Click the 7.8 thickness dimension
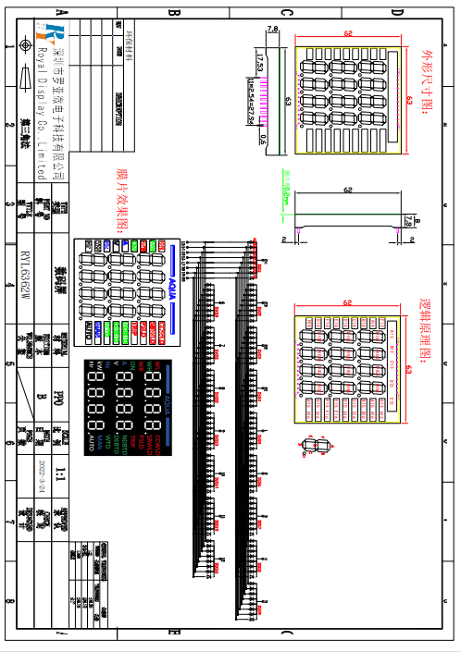pyautogui.click(x=272, y=30)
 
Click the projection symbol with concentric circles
pyautogui.click(x=25, y=43)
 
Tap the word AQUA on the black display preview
pyautogui.click(x=167, y=403)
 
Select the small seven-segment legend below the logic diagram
pyautogui.click(x=318, y=449)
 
